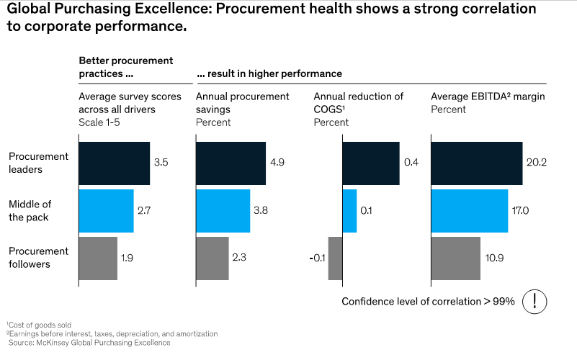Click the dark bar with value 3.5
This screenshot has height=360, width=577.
click(114, 163)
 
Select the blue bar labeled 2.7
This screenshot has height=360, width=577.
click(106, 211)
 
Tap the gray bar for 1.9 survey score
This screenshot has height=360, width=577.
click(97, 258)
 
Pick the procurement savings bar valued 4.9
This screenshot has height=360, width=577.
click(231, 163)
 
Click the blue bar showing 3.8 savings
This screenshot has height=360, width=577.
click(223, 211)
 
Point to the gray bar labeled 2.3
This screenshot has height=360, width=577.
click(213, 258)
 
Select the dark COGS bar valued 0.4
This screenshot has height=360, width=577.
click(370, 163)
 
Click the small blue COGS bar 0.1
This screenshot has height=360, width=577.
click(349, 211)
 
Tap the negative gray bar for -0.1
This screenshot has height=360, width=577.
click(335, 258)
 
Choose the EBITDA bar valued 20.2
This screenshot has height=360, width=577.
click(476, 163)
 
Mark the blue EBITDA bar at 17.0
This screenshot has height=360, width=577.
click(469, 211)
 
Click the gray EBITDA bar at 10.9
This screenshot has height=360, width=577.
click(455, 258)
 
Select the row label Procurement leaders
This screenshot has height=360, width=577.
click(38, 163)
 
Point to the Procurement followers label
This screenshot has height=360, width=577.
click(38, 258)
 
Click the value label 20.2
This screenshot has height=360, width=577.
click(537, 163)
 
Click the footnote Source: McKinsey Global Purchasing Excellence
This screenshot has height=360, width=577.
click(89, 343)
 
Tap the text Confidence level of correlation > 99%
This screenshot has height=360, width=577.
click(428, 302)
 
